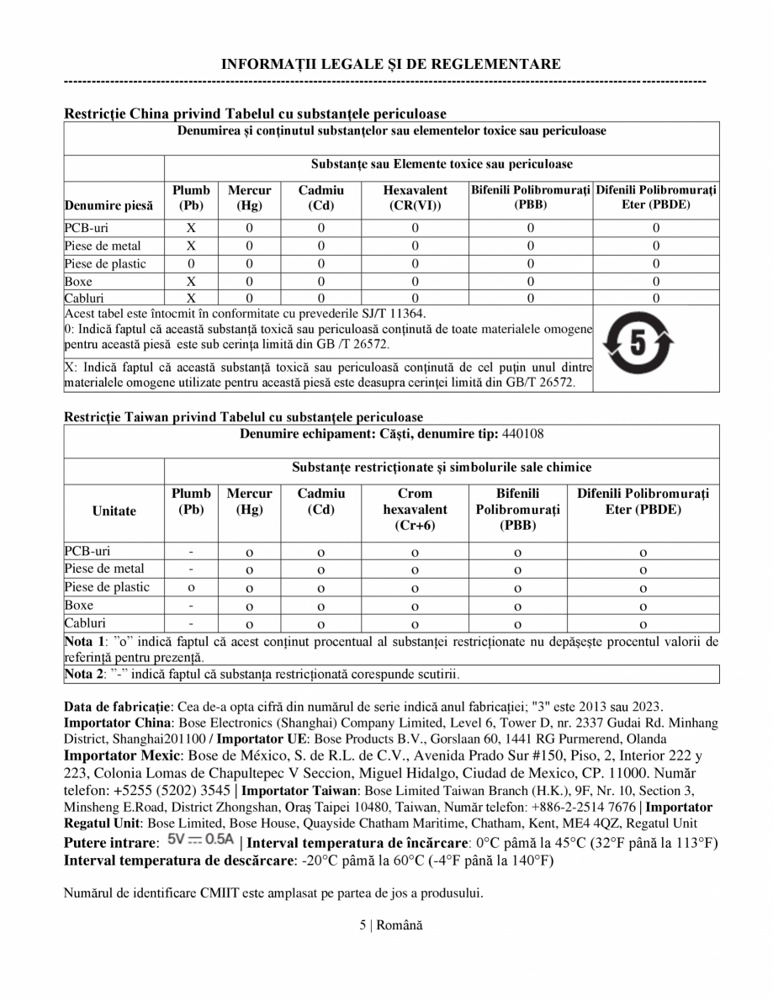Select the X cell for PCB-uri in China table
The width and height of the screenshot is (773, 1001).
click(191, 228)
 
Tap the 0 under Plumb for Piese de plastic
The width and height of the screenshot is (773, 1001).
click(191, 263)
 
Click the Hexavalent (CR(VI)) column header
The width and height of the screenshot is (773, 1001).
click(415, 198)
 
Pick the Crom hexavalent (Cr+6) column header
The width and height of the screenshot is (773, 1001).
click(415, 509)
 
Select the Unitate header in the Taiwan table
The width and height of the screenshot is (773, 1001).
click(114, 511)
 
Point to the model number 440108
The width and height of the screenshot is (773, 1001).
click(528, 433)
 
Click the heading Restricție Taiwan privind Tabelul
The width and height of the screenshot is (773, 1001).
click(243, 416)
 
